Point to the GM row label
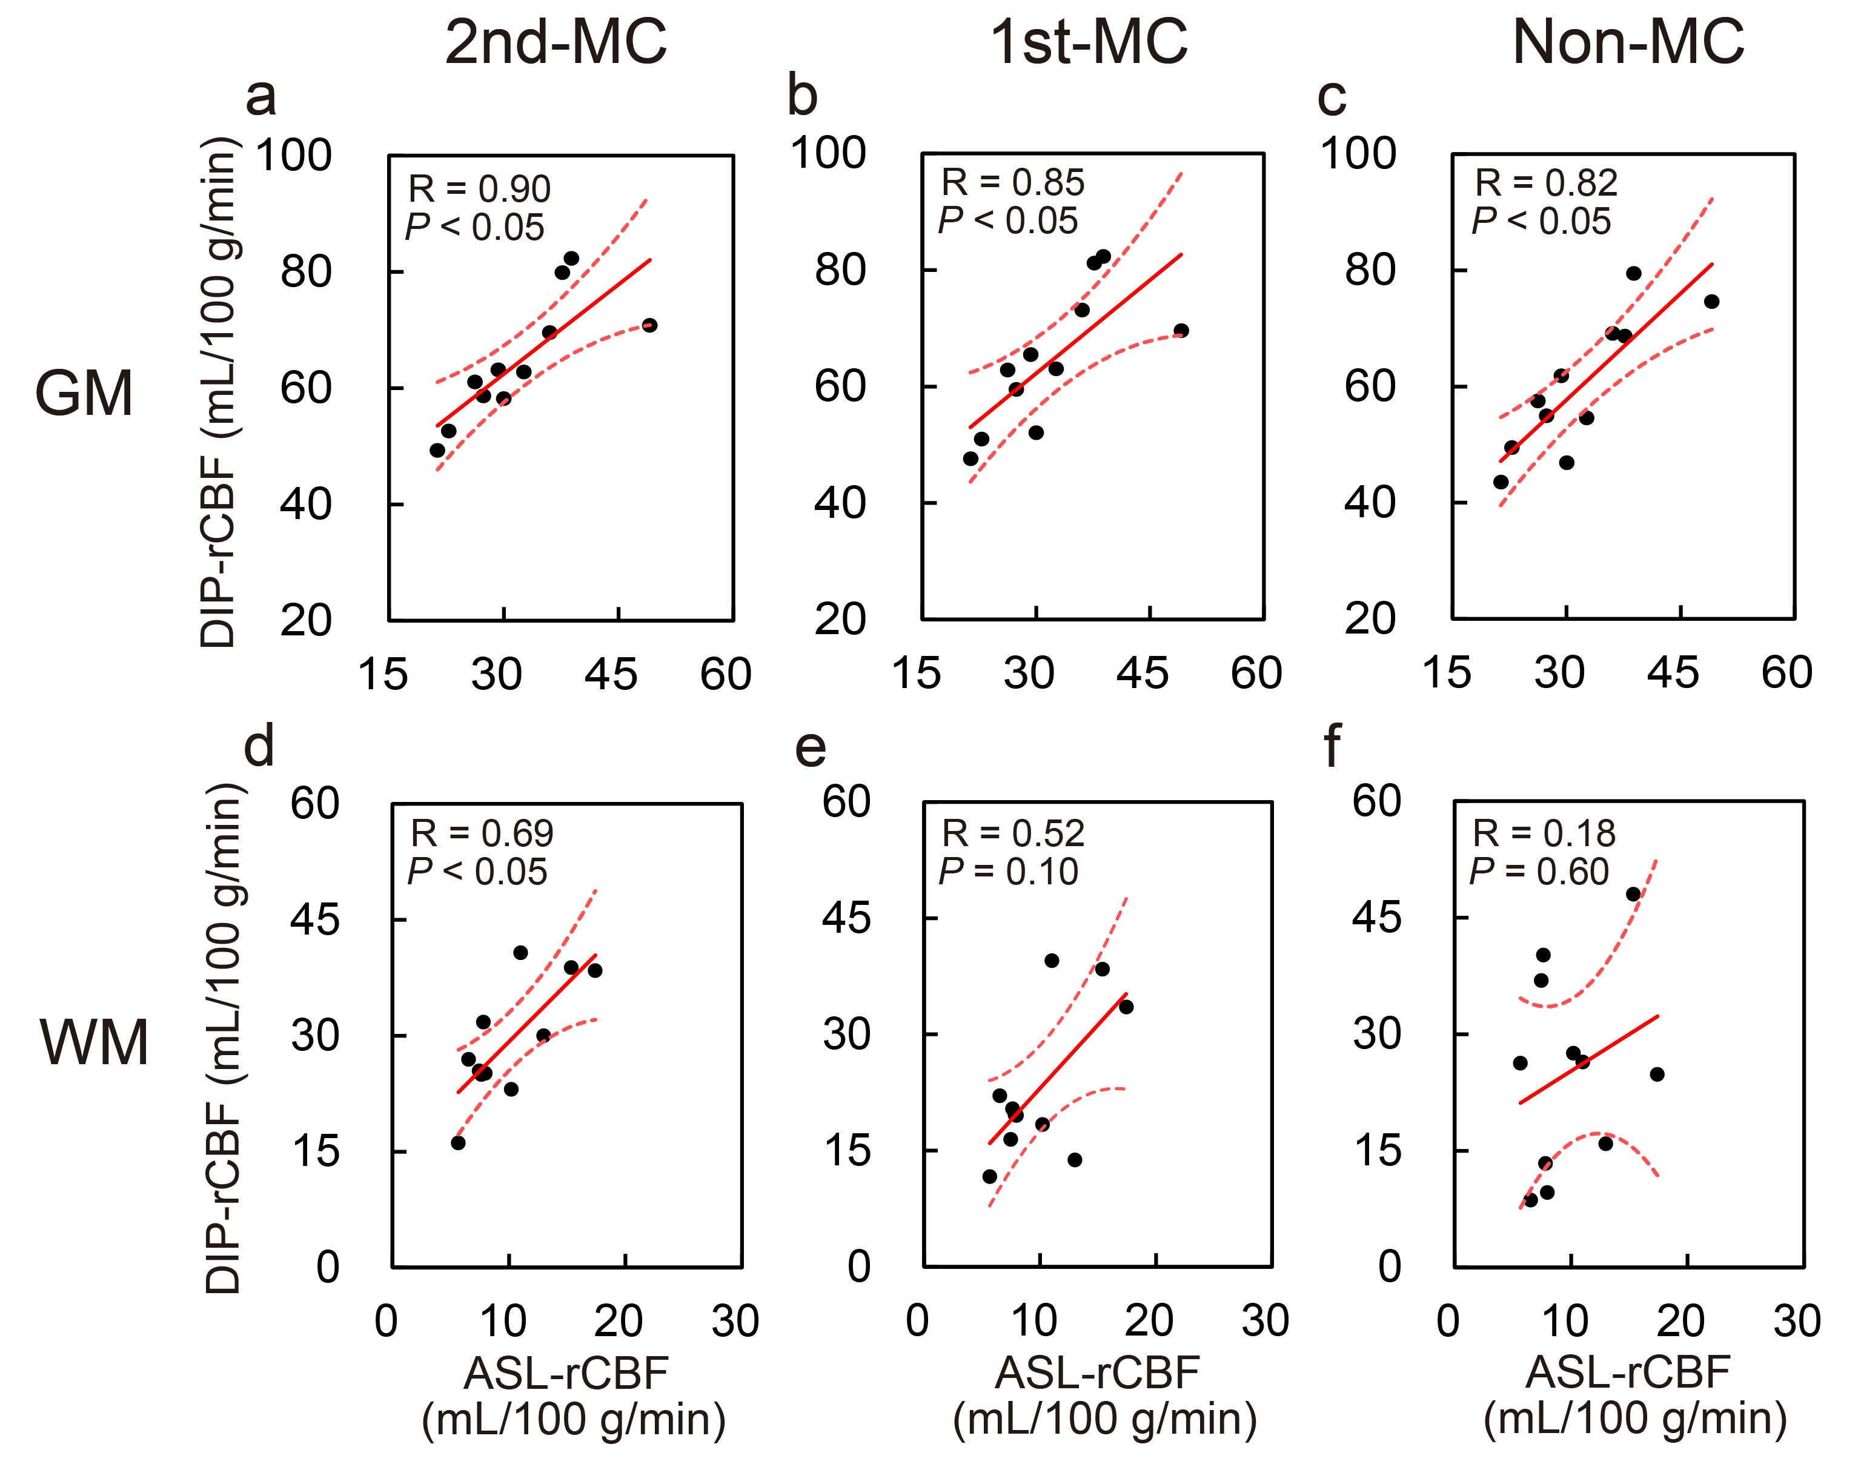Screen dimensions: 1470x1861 [x=84, y=393]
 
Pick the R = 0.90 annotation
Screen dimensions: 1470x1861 [x=479, y=188]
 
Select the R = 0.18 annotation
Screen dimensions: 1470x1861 [x=1544, y=833]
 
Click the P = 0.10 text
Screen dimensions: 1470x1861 [x=1008, y=872]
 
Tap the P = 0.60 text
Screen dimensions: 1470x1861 [x=1539, y=872]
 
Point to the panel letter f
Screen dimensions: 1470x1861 [x=1331, y=746]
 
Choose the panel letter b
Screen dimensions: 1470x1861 [x=801, y=96]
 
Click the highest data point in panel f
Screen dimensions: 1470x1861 [x=1633, y=894]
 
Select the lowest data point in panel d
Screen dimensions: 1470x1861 [x=458, y=1143]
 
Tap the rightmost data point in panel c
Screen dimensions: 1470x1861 [x=1711, y=301]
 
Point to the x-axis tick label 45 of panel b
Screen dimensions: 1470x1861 [x=1143, y=673]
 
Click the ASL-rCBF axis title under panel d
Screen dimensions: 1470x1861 [x=566, y=1374]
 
